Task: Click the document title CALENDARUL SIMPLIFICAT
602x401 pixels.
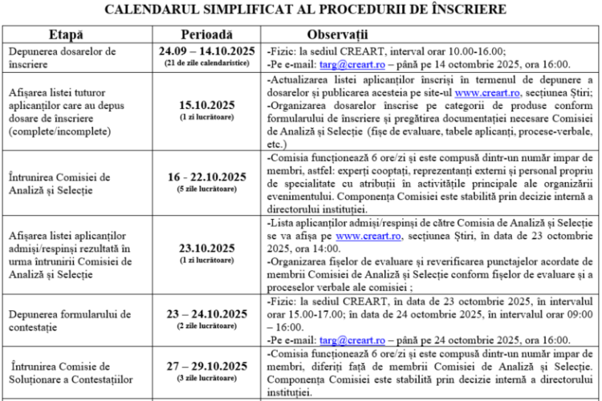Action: point(301,10)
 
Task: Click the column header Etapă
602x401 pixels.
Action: point(65,35)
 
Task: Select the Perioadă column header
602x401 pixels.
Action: point(206,35)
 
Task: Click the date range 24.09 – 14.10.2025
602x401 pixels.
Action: point(207,51)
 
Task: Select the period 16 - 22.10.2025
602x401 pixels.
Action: point(207,177)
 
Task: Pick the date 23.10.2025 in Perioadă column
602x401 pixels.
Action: point(207,248)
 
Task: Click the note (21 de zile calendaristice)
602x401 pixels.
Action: point(207,63)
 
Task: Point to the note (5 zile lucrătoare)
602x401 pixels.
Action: point(207,189)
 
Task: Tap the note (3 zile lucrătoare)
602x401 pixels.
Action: point(207,378)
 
